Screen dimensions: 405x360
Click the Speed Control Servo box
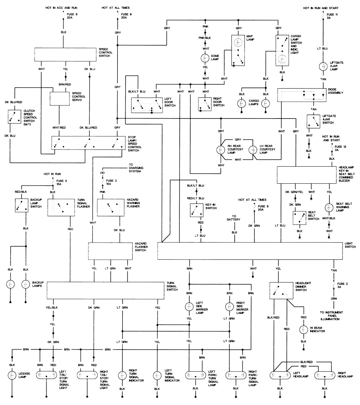(60, 99)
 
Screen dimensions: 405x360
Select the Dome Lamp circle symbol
(205, 58)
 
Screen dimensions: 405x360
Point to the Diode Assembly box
(302, 95)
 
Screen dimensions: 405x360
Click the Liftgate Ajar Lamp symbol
(323, 67)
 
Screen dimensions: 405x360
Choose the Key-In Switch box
(197, 210)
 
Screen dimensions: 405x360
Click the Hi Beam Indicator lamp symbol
(303, 330)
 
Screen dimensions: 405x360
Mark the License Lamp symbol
(12, 375)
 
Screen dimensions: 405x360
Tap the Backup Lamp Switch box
(21, 205)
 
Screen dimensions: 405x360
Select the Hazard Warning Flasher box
(108, 207)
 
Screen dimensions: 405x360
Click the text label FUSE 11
(332, 14)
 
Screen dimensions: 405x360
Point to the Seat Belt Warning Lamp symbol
(329, 208)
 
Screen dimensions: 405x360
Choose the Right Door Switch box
(205, 104)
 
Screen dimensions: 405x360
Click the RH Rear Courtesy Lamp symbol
(221, 150)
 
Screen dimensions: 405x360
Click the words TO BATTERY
(234, 218)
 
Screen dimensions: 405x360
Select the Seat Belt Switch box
(299, 218)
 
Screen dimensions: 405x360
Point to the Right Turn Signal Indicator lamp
(122, 375)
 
